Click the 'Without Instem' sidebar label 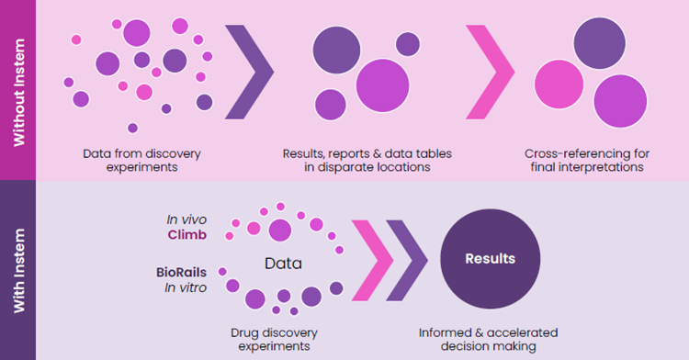pyautogui.click(x=18, y=90)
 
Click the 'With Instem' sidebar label pyautogui.click(x=18, y=270)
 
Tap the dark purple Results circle pyautogui.click(x=489, y=259)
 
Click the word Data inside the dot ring pyautogui.click(x=284, y=264)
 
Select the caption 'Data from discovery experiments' pyautogui.click(x=141, y=161)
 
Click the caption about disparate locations pyautogui.click(x=367, y=161)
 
